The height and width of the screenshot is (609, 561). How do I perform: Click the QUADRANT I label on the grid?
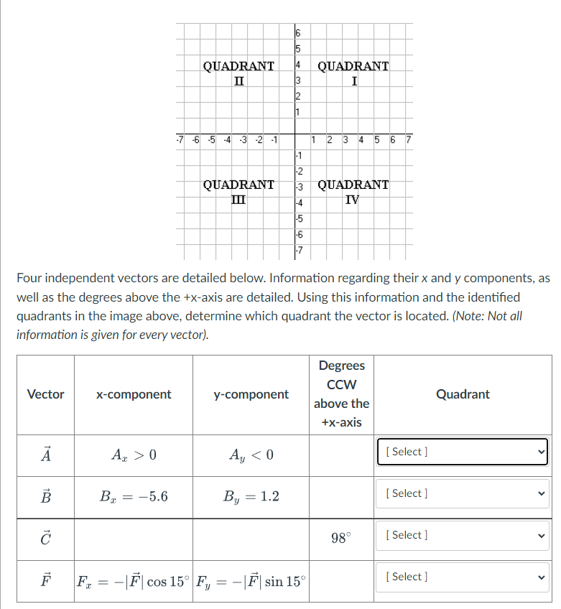[x=353, y=73]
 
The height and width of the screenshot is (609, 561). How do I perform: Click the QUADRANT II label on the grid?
[x=238, y=73]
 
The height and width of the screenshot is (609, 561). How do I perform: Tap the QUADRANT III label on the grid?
[x=238, y=191]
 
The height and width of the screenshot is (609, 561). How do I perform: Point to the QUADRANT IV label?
[x=353, y=191]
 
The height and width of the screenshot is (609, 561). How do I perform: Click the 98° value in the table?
[x=341, y=536]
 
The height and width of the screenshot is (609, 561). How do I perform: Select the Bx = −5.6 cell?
[x=134, y=496]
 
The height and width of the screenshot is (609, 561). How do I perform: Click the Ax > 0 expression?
[x=134, y=454]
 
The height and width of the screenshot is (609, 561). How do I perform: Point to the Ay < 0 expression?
[x=251, y=454]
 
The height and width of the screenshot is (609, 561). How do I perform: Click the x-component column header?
[x=134, y=394]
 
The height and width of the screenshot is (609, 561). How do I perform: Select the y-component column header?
[x=251, y=394]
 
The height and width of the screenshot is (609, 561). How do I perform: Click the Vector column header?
[x=45, y=394]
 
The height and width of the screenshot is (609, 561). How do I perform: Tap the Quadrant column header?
[x=463, y=394]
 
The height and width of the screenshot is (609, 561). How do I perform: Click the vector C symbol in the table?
[x=45, y=537]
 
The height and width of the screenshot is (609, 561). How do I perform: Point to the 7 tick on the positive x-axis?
[x=408, y=139]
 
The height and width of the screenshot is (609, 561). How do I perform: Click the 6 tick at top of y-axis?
[x=298, y=33]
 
